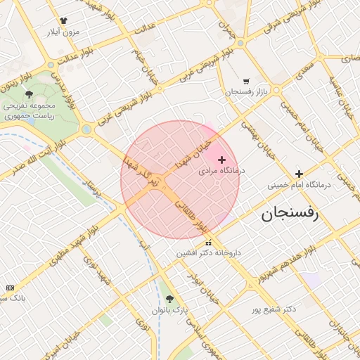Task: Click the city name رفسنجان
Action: [x=290, y=214]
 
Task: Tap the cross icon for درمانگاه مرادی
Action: [x=222, y=160]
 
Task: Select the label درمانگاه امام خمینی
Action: [x=299, y=186]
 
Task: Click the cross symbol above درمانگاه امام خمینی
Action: [x=300, y=174]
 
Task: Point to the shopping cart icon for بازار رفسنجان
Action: [x=245, y=82]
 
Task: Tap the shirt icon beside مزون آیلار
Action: [x=64, y=21]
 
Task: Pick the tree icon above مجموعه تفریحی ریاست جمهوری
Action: [x=29, y=94]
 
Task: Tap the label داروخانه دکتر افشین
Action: [x=207, y=253]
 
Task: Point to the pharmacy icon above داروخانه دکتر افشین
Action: [x=207, y=243]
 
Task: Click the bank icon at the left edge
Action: [x=10, y=288]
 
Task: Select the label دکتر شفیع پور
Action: [x=274, y=309]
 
